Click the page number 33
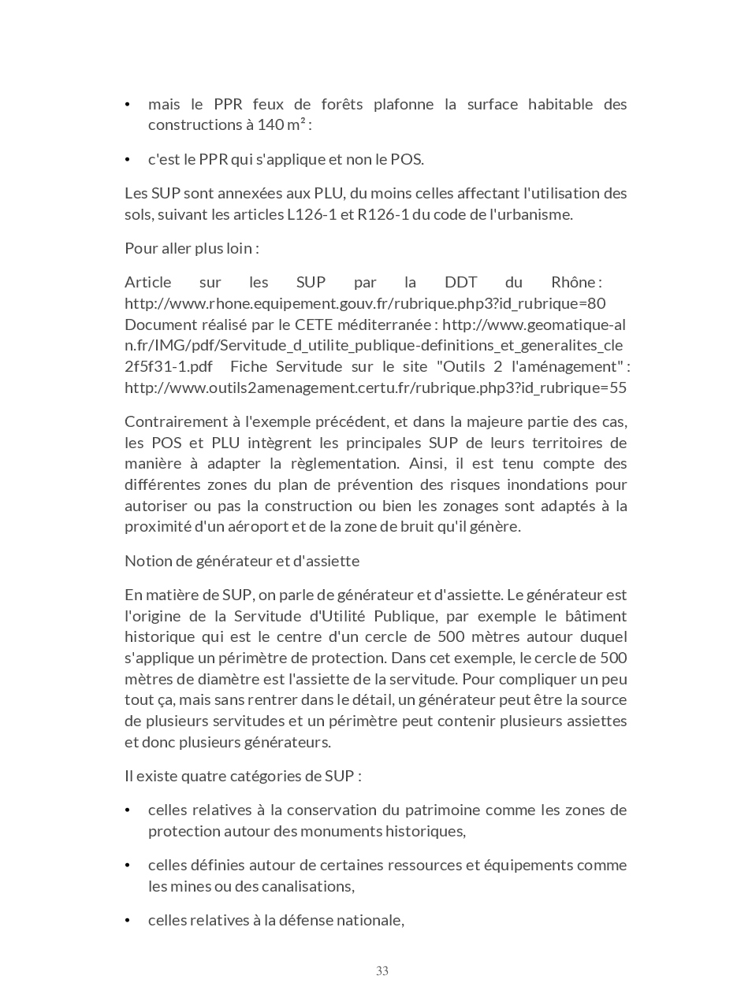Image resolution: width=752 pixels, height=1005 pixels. [x=382, y=971]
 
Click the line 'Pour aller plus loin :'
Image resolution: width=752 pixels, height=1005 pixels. [x=192, y=248]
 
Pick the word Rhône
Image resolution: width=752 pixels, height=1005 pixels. [x=574, y=283]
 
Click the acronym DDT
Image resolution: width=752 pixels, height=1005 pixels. [x=460, y=283]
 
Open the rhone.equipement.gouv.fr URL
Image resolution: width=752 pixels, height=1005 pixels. [x=365, y=304]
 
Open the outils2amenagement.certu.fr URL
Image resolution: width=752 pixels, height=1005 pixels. [x=375, y=388]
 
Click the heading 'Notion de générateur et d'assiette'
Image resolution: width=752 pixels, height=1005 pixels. [x=242, y=562]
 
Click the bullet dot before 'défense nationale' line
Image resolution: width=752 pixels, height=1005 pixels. [x=128, y=921]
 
